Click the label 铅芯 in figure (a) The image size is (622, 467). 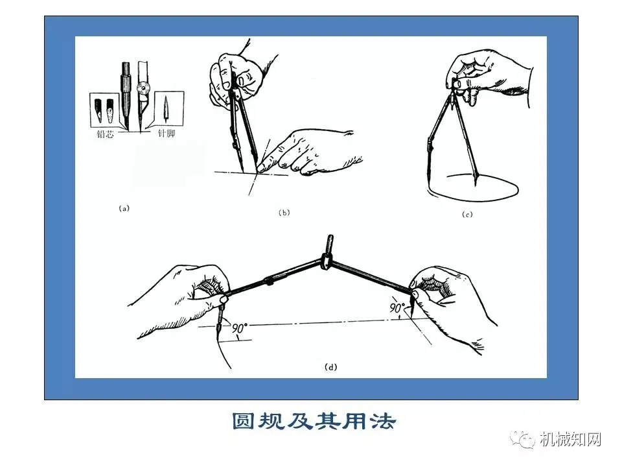point(105,134)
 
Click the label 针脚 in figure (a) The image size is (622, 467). point(167,133)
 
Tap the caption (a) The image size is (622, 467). point(124,208)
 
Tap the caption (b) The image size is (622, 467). point(284,213)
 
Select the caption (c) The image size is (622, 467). point(467,215)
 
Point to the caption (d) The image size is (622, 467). point(331,367)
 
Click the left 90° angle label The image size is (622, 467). point(239,328)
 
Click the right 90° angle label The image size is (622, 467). point(397,307)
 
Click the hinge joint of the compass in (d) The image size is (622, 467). point(327,263)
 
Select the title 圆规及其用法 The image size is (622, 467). point(314,422)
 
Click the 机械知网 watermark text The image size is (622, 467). point(571,439)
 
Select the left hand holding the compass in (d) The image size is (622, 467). point(183,300)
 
